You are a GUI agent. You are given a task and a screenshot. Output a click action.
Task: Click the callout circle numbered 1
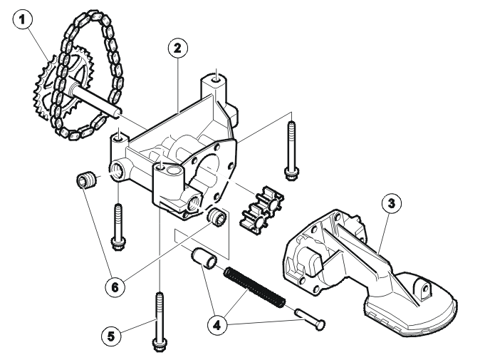pyautogui.click(x=22, y=20)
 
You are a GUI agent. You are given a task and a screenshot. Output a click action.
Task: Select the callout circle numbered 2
pyautogui.click(x=178, y=48)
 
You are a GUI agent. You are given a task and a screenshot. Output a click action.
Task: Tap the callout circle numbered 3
pyautogui.click(x=392, y=203)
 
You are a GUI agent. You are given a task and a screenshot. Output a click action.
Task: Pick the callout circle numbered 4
pyautogui.click(x=217, y=325)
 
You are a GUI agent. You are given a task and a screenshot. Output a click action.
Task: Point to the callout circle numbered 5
pyautogui.click(x=111, y=336)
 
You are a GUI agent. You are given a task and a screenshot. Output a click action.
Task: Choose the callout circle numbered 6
pyautogui.click(x=115, y=287)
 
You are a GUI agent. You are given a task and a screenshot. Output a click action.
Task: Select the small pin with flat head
pyautogui.click(x=310, y=319)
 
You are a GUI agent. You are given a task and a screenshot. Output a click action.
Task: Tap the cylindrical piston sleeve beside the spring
pyautogui.click(x=204, y=258)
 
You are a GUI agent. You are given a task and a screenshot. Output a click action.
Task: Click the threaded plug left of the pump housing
pyautogui.click(x=87, y=181)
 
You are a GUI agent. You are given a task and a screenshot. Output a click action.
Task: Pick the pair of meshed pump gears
pyautogui.click(x=263, y=207)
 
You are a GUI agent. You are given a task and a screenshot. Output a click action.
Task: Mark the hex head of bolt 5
pyautogui.click(x=160, y=344)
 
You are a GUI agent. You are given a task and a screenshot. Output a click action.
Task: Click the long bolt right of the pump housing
pyautogui.click(x=291, y=150)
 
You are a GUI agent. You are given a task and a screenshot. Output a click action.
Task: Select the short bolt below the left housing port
pyautogui.click(x=118, y=227)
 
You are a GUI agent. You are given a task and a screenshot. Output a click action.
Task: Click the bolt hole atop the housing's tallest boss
pyautogui.click(x=216, y=80)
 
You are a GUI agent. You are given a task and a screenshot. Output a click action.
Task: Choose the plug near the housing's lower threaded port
pyautogui.click(x=217, y=217)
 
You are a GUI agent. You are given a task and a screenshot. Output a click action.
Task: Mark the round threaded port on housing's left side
pyautogui.click(x=117, y=170)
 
